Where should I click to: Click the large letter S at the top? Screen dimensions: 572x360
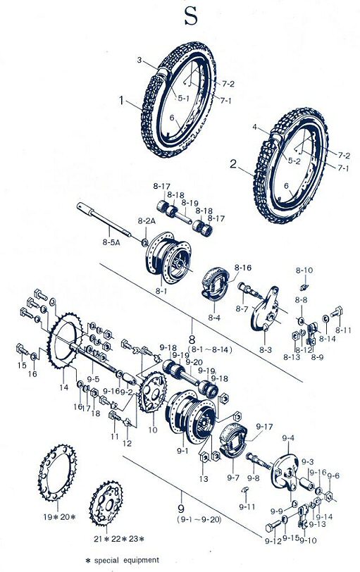[190, 16]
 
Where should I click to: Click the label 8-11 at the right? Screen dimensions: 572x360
[343, 330]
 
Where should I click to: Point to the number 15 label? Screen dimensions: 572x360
[22, 366]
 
